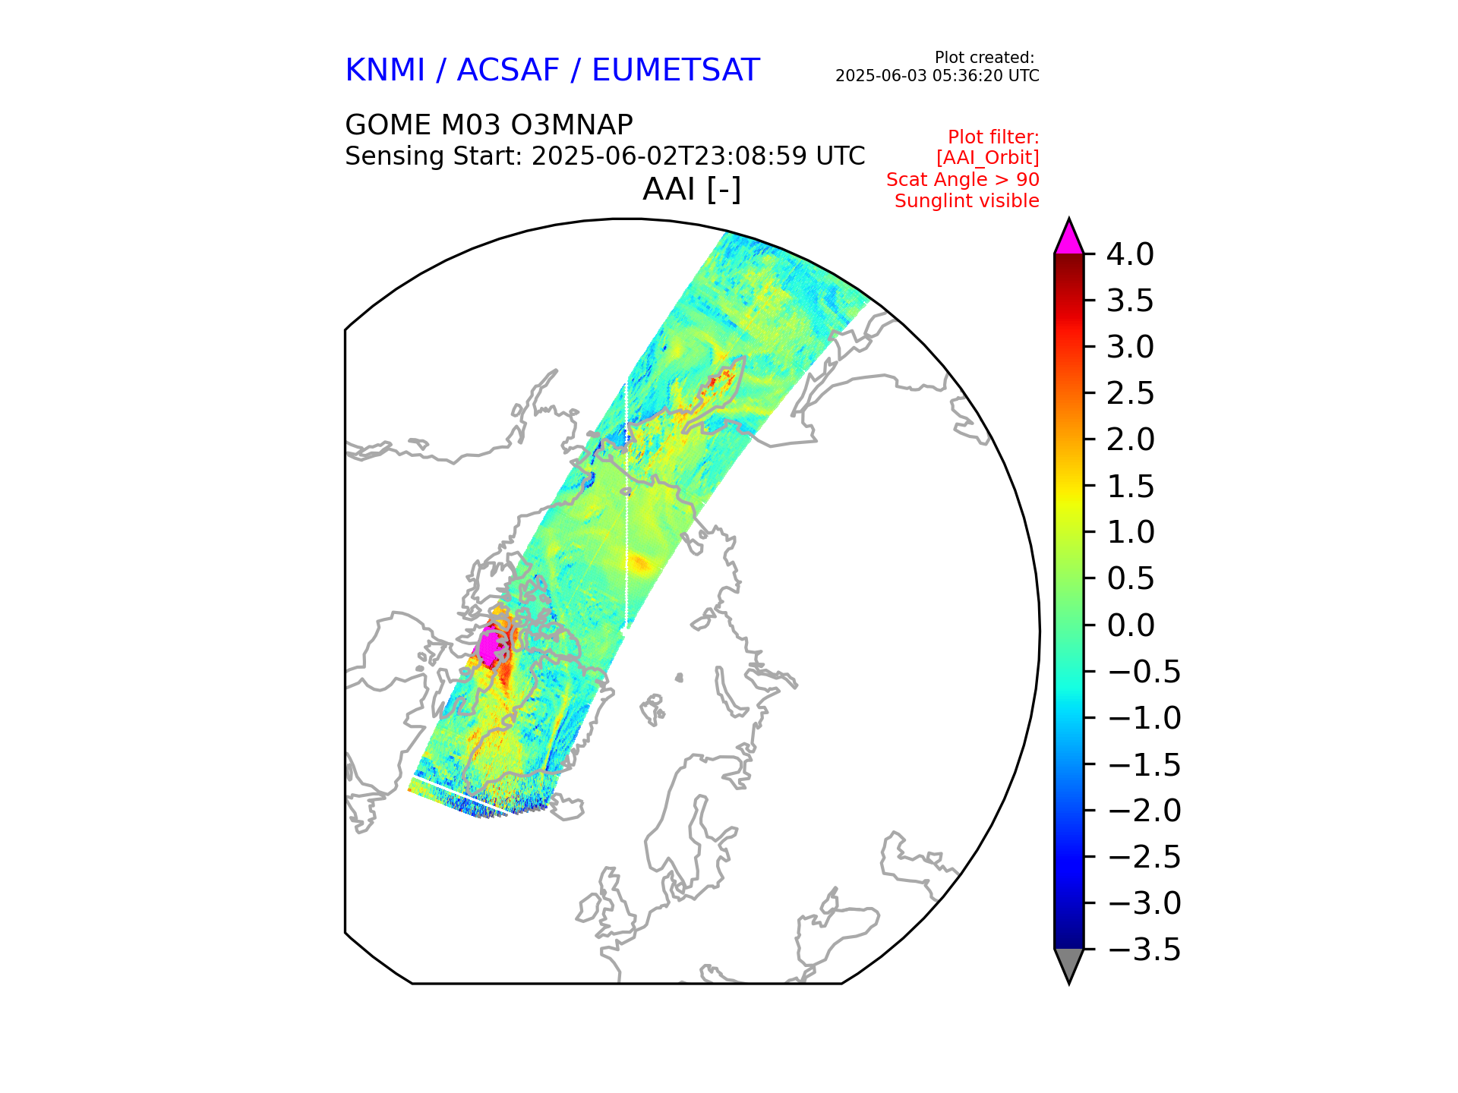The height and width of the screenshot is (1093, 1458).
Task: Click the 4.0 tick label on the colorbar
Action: coord(1129,254)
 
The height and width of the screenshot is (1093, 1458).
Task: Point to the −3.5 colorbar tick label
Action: coord(1144,950)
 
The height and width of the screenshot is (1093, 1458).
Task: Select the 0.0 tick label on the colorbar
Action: coord(1130,625)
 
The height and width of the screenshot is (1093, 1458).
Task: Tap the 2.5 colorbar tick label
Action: coord(1130,393)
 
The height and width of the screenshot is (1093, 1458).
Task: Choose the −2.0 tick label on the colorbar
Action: coord(1144,811)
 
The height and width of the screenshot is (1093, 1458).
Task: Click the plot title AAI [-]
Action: coord(691,189)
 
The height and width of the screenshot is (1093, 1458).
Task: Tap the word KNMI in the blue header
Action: coord(384,71)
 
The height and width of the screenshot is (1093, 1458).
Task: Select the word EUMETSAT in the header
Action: coord(675,71)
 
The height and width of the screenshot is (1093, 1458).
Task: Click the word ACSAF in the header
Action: coord(507,71)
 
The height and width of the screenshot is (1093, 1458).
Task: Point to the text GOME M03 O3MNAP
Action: coord(488,124)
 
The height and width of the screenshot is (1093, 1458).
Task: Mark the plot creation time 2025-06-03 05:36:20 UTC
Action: coord(937,76)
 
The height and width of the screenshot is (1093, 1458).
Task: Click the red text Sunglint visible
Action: coord(966,201)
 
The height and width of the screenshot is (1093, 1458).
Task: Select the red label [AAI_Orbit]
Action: coord(987,158)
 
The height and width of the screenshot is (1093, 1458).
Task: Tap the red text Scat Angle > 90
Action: coord(962,180)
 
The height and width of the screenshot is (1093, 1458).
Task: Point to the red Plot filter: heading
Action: coord(993,137)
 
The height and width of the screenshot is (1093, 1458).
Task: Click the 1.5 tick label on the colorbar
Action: coord(1130,487)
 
